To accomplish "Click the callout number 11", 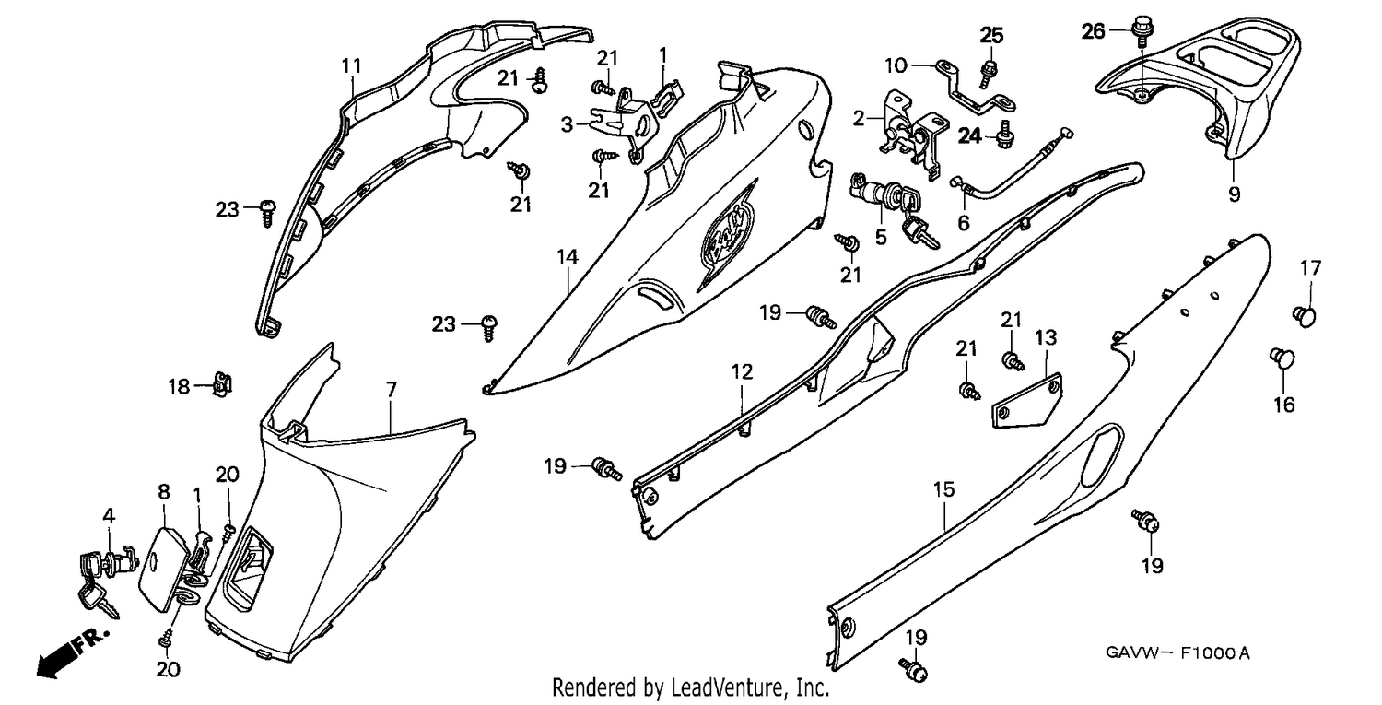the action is click(x=352, y=65).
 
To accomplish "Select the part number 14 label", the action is click(x=568, y=257).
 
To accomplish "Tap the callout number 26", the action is click(x=1094, y=30).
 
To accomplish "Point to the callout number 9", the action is click(x=1234, y=195).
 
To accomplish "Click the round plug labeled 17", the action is click(x=1305, y=316).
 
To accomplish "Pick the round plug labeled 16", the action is click(x=1282, y=358).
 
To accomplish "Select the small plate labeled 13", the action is click(x=1026, y=401).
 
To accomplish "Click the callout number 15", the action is click(x=944, y=489).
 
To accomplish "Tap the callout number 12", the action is click(x=743, y=371).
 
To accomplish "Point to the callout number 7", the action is click(x=392, y=390).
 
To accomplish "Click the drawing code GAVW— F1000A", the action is click(x=1177, y=653).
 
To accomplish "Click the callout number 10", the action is click(x=896, y=65).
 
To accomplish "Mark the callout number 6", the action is click(x=964, y=223).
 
